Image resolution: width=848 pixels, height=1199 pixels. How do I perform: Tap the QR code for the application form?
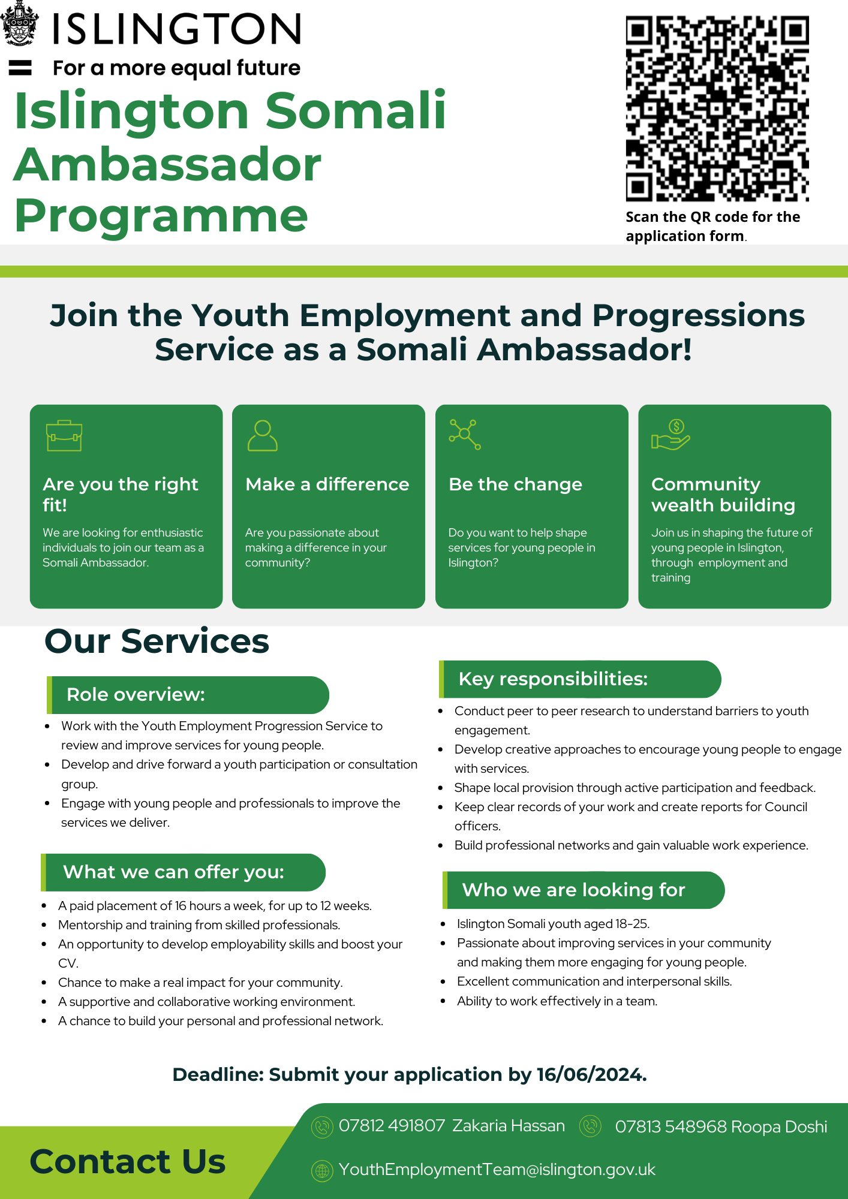[x=717, y=109]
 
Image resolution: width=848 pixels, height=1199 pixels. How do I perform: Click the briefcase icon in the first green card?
[x=64, y=435]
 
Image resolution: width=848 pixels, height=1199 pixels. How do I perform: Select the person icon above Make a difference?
[x=263, y=435]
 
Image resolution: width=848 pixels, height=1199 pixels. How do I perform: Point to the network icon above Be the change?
[x=465, y=434]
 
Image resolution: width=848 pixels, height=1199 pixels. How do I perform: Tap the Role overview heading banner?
[x=188, y=695]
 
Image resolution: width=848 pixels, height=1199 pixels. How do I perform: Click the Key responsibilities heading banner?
[x=580, y=679]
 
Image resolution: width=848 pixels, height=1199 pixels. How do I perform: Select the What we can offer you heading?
[x=183, y=872]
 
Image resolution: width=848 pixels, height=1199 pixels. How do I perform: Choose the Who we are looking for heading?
[x=583, y=890]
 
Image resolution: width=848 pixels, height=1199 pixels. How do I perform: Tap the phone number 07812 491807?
[x=392, y=1126]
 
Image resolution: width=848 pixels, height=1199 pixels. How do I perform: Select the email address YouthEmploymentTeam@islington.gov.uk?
[x=497, y=1170]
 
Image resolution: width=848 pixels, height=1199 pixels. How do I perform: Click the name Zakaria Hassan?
[x=509, y=1126]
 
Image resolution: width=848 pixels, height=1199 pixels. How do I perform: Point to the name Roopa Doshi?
[x=779, y=1127]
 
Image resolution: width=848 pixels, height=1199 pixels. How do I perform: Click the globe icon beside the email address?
[x=322, y=1170]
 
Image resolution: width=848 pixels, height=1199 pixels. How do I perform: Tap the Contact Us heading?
[x=127, y=1161]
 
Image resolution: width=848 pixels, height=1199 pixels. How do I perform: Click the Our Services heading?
[x=157, y=641]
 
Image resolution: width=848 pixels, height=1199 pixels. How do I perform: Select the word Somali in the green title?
[x=355, y=111]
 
